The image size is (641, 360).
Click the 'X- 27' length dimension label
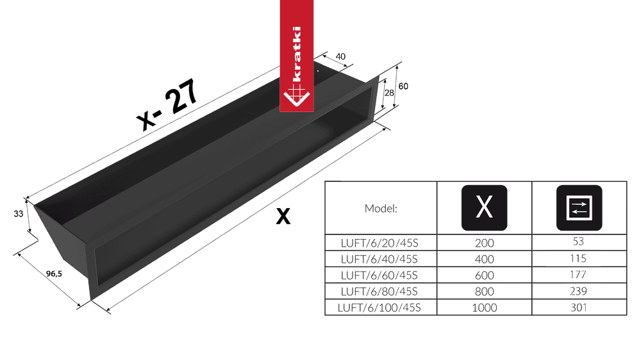(168, 104)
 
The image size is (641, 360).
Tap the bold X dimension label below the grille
(283, 216)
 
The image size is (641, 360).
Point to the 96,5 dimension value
(54, 274)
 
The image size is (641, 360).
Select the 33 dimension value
(19, 214)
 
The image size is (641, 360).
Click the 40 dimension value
(340, 56)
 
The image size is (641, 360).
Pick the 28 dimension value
(389, 93)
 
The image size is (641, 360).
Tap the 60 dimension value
(403, 86)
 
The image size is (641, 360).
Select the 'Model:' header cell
(381, 208)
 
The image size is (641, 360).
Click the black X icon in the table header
(485, 208)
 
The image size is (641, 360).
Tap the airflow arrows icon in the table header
(579, 208)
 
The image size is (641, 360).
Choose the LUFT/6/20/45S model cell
(379, 243)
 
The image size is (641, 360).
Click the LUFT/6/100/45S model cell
(379, 307)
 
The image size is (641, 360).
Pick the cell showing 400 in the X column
(485, 259)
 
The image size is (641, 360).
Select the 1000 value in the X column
(485, 307)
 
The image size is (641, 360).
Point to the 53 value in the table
(578, 241)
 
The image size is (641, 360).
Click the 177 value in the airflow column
(578, 274)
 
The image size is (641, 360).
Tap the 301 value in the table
(579, 307)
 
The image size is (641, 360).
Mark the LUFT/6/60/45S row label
(379, 275)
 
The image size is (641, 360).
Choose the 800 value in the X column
(485, 291)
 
